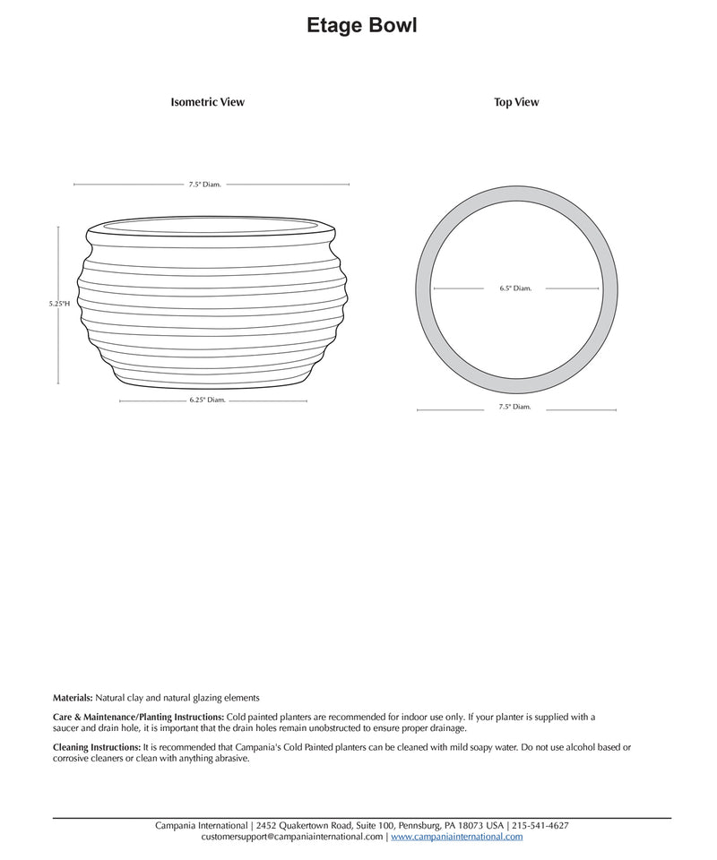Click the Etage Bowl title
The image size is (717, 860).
click(x=361, y=26)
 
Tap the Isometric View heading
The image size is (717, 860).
click(x=207, y=102)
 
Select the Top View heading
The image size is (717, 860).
click(x=516, y=102)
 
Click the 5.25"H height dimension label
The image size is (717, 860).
click(x=59, y=304)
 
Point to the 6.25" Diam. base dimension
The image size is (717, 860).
click(x=207, y=400)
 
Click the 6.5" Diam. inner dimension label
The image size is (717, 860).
click(x=515, y=288)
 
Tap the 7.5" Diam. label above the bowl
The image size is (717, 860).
click(x=204, y=185)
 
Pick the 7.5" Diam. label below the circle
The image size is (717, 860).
click(x=515, y=407)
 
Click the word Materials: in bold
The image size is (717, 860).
click(x=73, y=697)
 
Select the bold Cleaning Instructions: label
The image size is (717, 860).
click(x=97, y=747)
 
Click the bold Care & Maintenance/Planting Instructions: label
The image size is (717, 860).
click(x=139, y=718)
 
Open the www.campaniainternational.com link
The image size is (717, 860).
click(x=456, y=837)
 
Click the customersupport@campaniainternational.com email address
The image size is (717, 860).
click(x=292, y=837)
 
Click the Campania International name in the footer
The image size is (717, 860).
click(x=203, y=825)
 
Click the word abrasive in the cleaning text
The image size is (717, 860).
click(x=229, y=759)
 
